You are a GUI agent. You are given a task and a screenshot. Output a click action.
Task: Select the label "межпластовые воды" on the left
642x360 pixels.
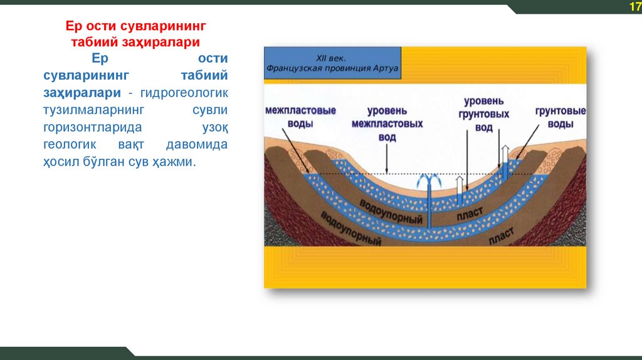(300, 117)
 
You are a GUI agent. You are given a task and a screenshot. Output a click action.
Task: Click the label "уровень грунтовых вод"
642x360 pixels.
(483, 114)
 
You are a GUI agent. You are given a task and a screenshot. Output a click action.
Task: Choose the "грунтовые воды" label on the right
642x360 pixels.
(560, 117)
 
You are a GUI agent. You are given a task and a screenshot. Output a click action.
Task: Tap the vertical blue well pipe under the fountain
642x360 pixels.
(430, 207)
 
